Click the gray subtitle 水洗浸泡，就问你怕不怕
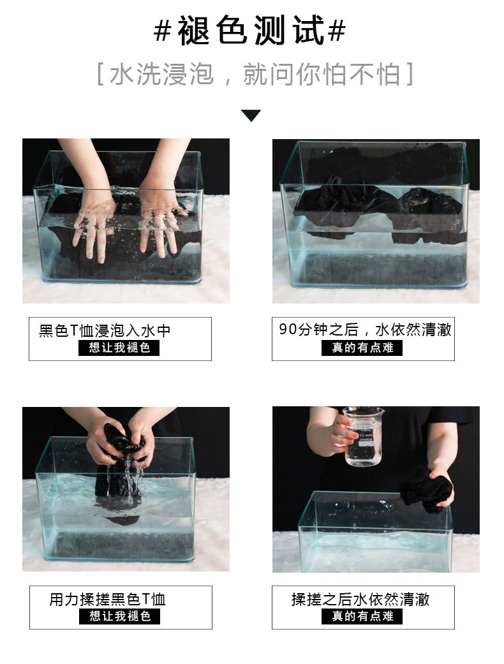coord(255,75)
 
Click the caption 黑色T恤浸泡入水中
coord(105,330)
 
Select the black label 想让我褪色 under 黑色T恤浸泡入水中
coord(119,348)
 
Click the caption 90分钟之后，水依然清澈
coord(365,330)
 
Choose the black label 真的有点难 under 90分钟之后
coord(362,348)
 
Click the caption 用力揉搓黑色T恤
coord(107,599)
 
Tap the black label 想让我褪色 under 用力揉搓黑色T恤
coord(119,616)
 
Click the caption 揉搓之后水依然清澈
coord(360,599)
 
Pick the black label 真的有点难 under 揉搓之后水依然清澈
coord(362,616)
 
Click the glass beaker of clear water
coord(363,436)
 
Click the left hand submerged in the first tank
coord(93,225)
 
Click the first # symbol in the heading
coord(162,31)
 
